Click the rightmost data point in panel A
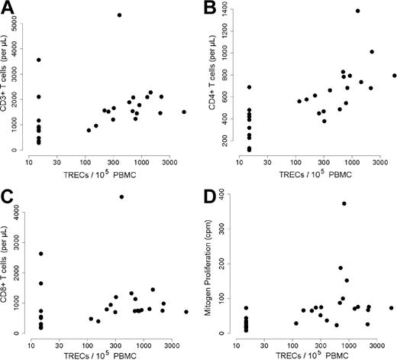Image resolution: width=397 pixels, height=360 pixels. [184, 112]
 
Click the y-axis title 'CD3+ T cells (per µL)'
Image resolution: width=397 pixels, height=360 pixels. [7, 84]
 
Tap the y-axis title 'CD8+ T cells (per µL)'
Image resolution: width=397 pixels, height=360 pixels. [7, 264]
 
